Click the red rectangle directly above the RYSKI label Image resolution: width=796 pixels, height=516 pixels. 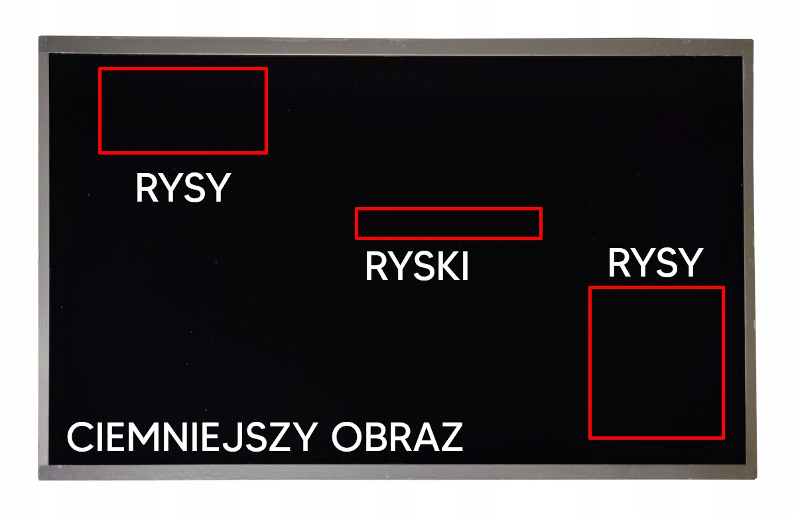pos(448,224)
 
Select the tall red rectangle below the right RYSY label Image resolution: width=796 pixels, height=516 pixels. pos(656,363)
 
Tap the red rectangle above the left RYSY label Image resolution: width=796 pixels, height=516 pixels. pos(182,111)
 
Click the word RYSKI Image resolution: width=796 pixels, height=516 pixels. pos(417,267)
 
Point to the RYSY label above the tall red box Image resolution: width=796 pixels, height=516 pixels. pos(654,263)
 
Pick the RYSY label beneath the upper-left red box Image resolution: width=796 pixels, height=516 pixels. pos(182,188)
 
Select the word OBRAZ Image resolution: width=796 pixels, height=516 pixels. pos(397,437)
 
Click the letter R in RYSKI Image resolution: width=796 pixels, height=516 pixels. pos(376,267)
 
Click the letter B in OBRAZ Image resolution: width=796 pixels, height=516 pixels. pos(375,437)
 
